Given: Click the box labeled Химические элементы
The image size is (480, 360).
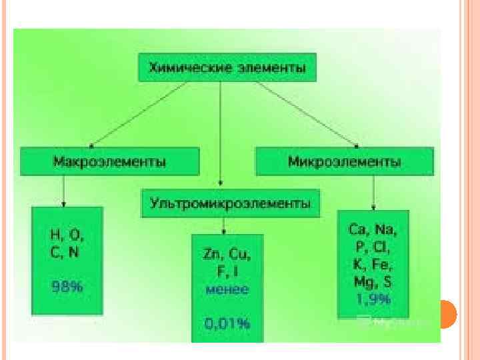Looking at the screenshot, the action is coord(227,67).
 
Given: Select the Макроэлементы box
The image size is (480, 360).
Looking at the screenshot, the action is coord(109,162).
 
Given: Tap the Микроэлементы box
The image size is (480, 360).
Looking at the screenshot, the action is coord(344,162).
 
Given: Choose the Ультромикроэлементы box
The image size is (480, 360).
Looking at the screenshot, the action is coord(230,202).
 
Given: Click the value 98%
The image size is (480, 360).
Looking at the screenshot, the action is coord(67,287).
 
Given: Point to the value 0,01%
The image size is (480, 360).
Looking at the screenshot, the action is coord(227,324).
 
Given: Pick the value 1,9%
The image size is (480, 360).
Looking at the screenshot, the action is coord(373,298).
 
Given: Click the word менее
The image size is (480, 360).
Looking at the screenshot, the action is coord(227,289).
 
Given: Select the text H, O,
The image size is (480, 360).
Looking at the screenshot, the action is coord(67,235).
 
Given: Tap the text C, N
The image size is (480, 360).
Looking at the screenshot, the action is coord(66,252).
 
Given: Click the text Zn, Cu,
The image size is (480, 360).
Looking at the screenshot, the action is coord(227,254).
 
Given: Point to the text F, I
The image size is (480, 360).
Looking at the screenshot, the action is coord(227,271).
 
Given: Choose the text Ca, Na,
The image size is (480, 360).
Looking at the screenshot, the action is coord(373,230).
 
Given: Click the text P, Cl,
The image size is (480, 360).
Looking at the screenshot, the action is coord(373,247).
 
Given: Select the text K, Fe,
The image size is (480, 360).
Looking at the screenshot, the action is coord(373,264).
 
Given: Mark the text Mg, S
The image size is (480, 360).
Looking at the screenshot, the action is coord(373,281).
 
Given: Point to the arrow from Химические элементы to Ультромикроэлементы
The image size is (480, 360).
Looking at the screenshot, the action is coord(221,133).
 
